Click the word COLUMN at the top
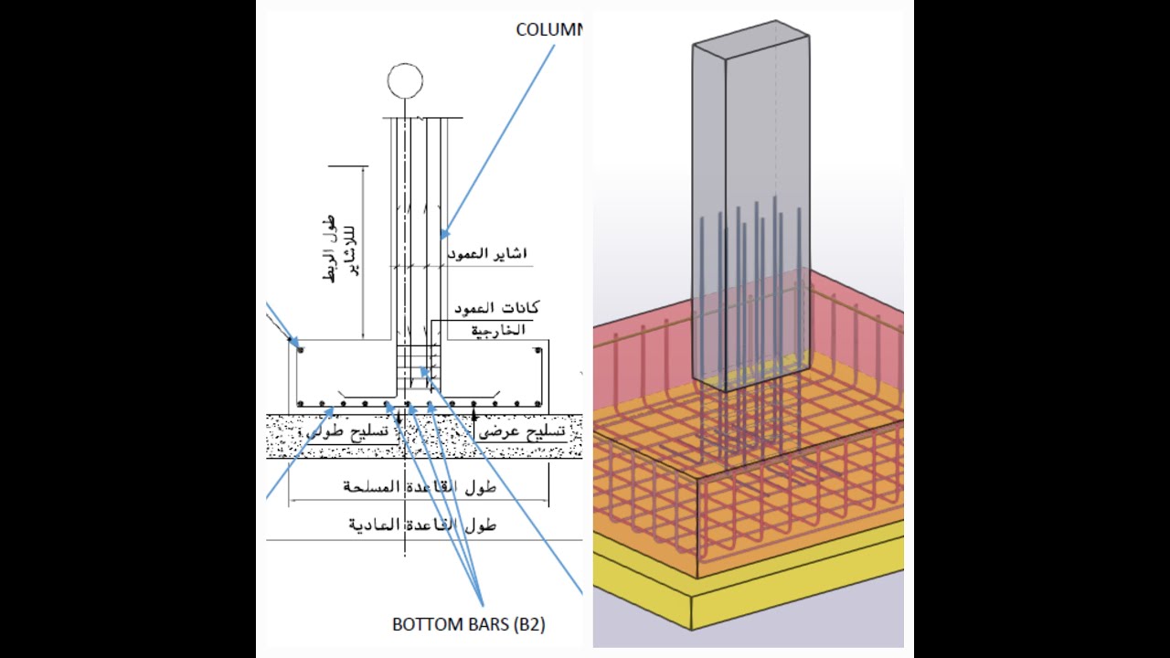(x=548, y=29)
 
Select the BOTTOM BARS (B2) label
(x=468, y=625)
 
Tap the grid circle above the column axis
(x=405, y=81)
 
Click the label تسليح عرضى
(x=530, y=433)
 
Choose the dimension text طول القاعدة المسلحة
(x=420, y=487)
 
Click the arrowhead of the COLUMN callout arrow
(x=444, y=235)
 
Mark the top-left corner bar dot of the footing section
(x=301, y=349)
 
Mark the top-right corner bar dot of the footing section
(x=537, y=349)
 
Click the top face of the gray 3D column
(x=750, y=42)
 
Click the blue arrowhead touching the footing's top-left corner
(x=293, y=343)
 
